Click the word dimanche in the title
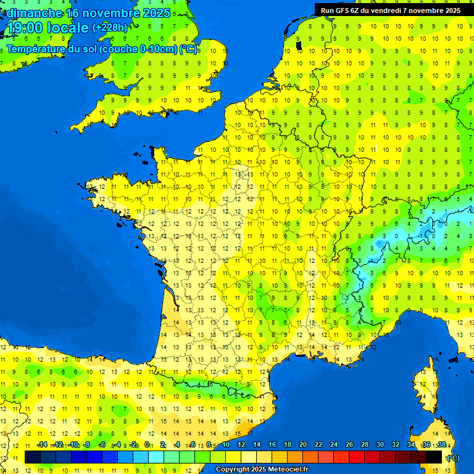33,13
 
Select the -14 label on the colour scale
42,445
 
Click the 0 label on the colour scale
147,445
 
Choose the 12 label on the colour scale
241,445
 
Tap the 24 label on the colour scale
334,445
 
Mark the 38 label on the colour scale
442,445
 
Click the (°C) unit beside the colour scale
452,458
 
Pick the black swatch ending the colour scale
434,457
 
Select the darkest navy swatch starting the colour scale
33,457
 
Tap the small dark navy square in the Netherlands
299,45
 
